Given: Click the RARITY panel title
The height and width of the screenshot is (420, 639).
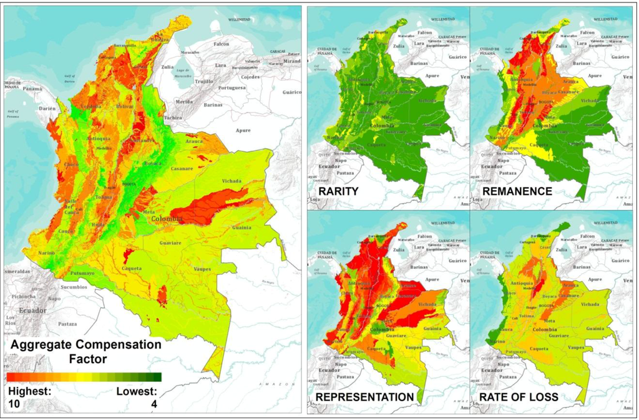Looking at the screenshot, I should click(x=338, y=191).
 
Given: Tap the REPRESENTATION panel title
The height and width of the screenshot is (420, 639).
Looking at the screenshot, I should click(x=365, y=397).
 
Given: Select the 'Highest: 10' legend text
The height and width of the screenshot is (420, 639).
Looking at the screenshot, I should click(x=27, y=397).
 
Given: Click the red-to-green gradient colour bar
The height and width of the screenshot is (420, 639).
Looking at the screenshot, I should click(x=84, y=377).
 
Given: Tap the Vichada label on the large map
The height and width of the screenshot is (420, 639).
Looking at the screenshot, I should click(x=231, y=182).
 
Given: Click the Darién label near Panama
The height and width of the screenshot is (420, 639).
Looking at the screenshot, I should click(x=48, y=107).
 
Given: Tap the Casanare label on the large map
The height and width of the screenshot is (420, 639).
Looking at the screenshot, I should click(x=183, y=169).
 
